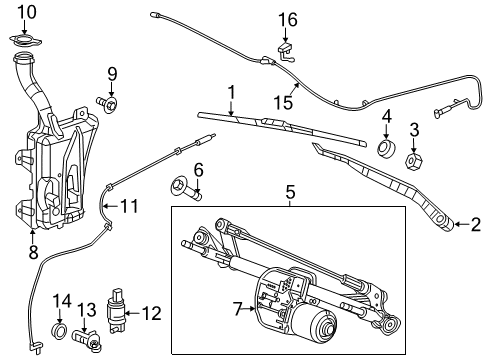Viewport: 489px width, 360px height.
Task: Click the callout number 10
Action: click(27, 12)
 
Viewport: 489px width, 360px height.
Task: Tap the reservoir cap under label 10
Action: click(27, 43)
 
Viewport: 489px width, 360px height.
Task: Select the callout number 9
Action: click(112, 73)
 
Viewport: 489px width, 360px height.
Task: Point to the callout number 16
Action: click(288, 19)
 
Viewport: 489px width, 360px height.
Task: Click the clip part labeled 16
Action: click(285, 44)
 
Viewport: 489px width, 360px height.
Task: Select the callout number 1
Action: click(231, 92)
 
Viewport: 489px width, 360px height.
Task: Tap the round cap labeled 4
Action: click(384, 152)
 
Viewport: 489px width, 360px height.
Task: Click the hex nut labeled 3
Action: click(411, 159)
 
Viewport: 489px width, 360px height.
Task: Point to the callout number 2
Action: click(476, 225)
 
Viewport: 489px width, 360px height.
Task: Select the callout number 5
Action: click(290, 190)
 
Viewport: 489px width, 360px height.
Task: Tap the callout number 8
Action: click(33, 254)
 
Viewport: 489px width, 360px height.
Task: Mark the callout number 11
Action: click(128, 208)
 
